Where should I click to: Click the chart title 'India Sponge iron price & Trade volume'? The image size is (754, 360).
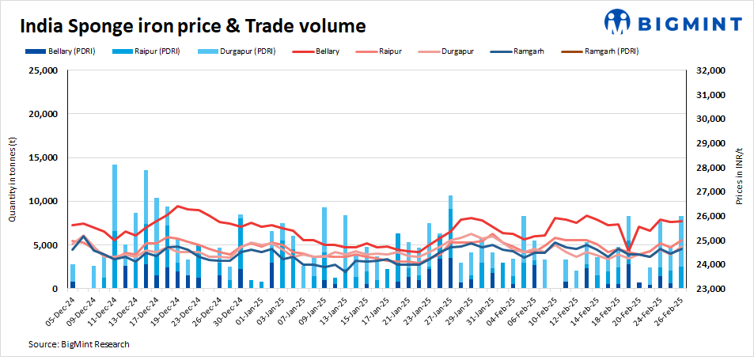(192, 25)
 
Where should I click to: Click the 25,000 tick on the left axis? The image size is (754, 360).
(40, 70)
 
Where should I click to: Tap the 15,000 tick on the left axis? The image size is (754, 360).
(40, 158)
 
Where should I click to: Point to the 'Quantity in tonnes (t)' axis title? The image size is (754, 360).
(13, 180)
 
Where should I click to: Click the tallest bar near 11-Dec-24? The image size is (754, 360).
(115, 226)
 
